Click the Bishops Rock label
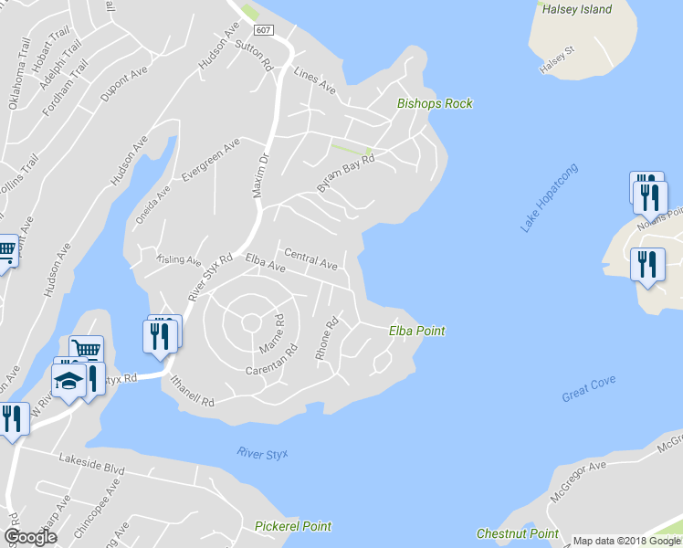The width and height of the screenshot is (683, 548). tap(435, 103)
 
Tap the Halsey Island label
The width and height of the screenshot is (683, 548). tap(576, 9)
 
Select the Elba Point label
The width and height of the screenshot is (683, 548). tap(417, 331)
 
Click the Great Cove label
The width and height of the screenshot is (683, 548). tap(588, 388)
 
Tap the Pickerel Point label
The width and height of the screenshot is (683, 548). tap(293, 526)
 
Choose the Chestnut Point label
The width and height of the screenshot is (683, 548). tap(517, 533)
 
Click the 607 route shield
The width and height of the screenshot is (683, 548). tap(264, 31)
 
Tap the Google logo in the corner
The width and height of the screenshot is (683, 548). tap(30, 537)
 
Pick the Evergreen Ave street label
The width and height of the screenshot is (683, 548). tap(211, 160)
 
